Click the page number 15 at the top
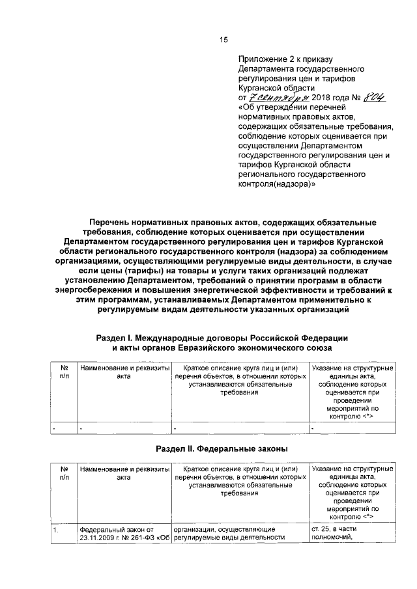[223, 40]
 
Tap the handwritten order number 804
[371, 96]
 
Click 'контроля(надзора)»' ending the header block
[277, 184]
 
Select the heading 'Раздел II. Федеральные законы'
[222, 449]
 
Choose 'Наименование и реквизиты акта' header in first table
[124, 372]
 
